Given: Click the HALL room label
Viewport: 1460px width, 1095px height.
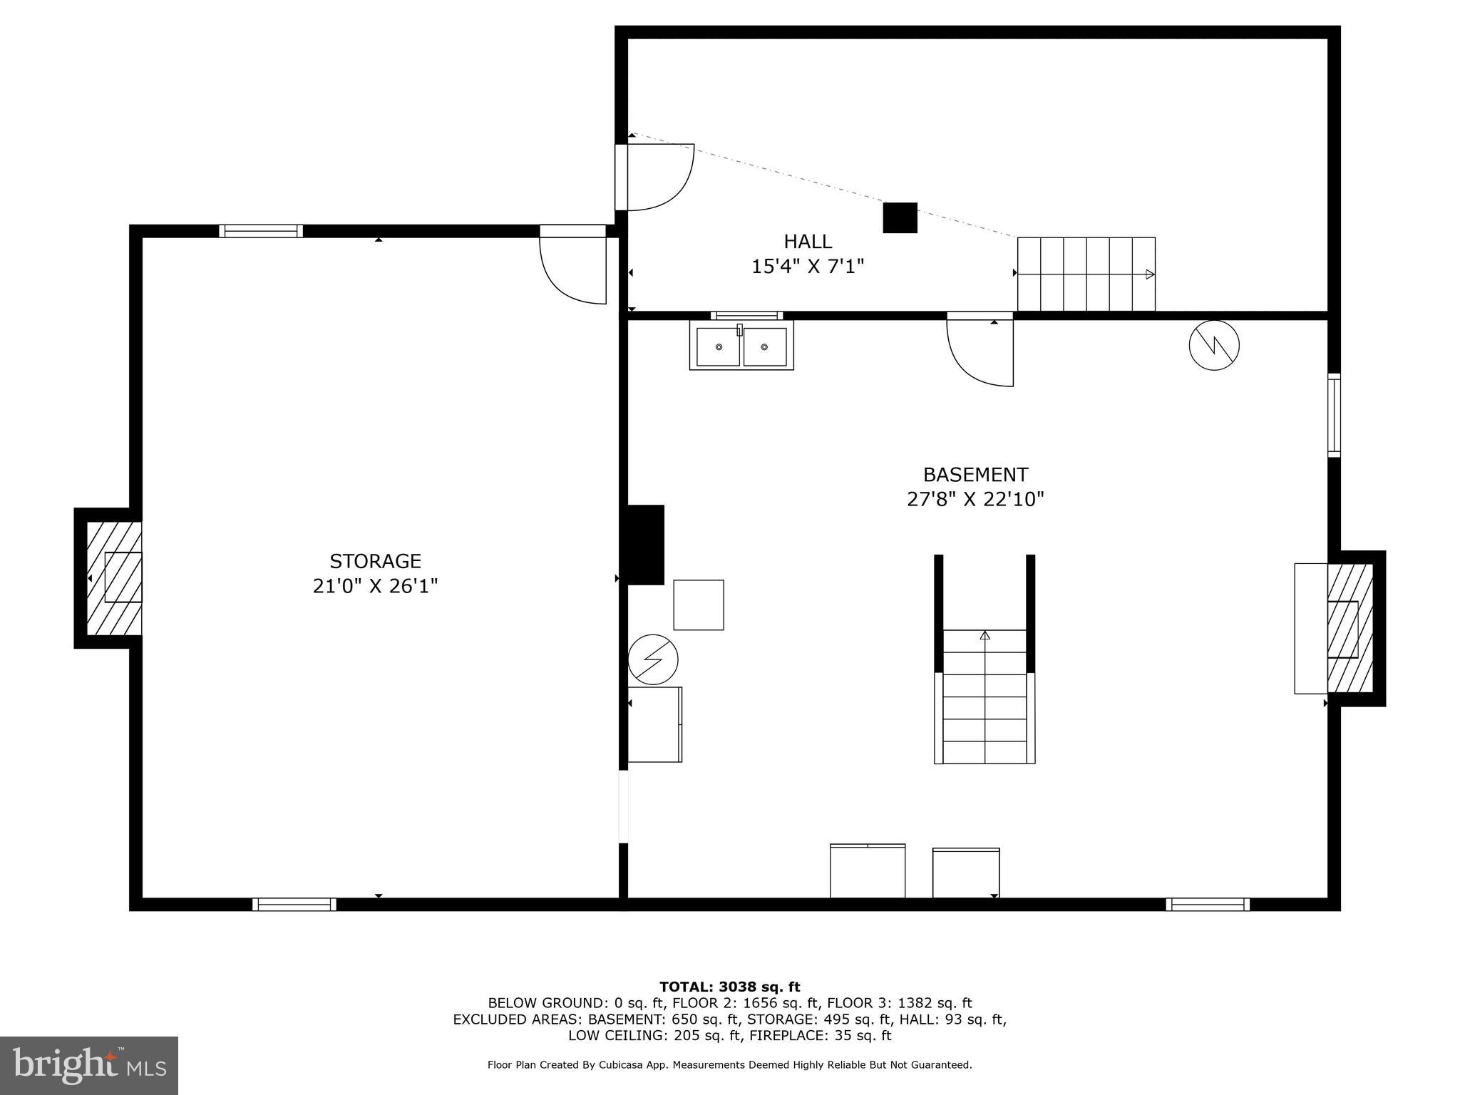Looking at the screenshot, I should click(x=808, y=242).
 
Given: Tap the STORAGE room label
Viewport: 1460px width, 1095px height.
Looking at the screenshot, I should click(x=375, y=561).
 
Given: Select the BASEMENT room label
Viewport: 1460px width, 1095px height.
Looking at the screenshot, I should click(x=975, y=475).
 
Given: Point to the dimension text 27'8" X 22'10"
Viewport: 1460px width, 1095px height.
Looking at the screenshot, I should click(x=975, y=499).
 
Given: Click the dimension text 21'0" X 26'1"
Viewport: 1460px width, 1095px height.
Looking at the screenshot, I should click(x=375, y=586).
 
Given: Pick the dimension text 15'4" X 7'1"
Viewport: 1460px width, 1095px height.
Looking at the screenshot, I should click(x=808, y=267).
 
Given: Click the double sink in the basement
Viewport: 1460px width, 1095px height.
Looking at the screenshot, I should click(x=741, y=346).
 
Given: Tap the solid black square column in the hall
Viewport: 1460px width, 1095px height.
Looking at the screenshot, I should click(x=900, y=217).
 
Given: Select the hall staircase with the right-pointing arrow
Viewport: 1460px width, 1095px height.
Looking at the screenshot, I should click(x=1086, y=274).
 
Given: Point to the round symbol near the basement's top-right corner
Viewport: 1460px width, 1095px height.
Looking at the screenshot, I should click(x=1214, y=346).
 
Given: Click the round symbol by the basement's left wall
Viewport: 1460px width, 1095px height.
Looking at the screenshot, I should click(x=653, y=659).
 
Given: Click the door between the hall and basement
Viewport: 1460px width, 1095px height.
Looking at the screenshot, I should click(x=981, y=351).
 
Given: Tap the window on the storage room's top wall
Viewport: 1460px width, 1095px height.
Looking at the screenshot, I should click(x=261, y=231).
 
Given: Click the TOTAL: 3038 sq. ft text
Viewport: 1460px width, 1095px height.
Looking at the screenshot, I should click(x=729, y=987).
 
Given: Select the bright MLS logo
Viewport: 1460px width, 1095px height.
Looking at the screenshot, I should click(x=89, y=1065).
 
